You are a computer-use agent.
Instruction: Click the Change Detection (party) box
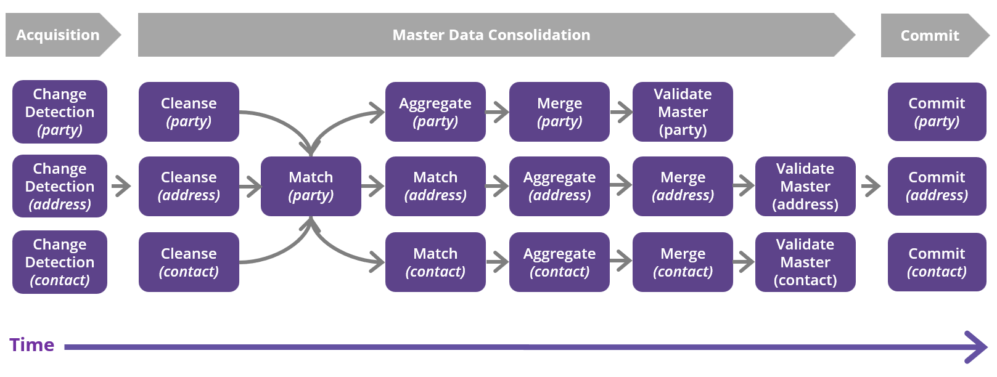pyautogui.click(x=60, y=111)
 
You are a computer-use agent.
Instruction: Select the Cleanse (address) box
pyautogui.click(x=189, y=186)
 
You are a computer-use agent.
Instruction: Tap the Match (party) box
pyautogui.click(x=311, y=186)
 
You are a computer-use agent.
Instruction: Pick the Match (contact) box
pyautogui.click(x=435, y=262)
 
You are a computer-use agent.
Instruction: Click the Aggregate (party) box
pyautogui.click(x=435, y=111)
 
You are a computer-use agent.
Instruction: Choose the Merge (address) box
pyautogui.click(x=683, y=186)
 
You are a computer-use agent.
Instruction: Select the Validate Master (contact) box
pyautogui.click(x=805, y=262)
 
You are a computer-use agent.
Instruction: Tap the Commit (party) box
pyautogui.click(x=937, y=111)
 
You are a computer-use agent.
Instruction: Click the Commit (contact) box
pyautogui.click(x=937, y=262)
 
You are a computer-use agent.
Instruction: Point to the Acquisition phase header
pyautogui.click(x=59, y=35)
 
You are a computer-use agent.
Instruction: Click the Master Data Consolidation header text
pyautogui.click(x=491, y=35)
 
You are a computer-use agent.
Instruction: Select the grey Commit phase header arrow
pyautogui.click(x=931, y=36)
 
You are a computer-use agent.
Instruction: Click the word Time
pyautogui.click(x=32, y=345)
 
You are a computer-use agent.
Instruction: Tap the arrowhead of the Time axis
pyautogui.click(x=979, y=347)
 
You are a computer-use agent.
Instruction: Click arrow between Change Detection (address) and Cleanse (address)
pyautogui.click(x=122, y=185)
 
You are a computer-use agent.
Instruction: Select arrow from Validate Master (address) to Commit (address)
pyautogui.click(x=871, y=185)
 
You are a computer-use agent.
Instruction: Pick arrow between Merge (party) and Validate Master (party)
pyautogui.click(x=622, y=112)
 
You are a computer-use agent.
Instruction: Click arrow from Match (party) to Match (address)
pyautogui.click(x=373, y=185)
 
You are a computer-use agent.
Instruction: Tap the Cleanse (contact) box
pyautogui.click(x=189, y=262)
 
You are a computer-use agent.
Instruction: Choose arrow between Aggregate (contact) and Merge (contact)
pyautogui.click(x=622, y=261)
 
